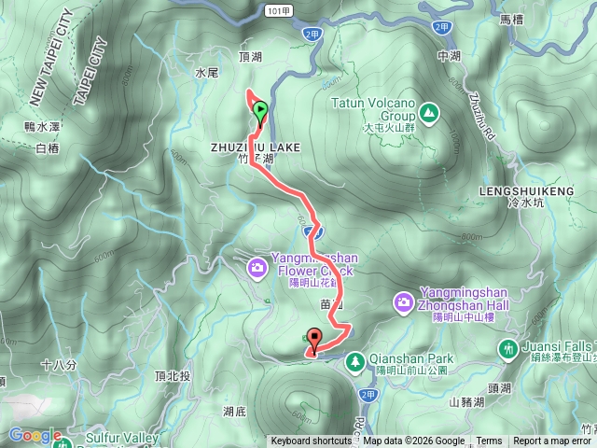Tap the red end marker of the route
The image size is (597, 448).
click(x=314, y=340)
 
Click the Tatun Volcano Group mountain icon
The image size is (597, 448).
click(x=428, y=113)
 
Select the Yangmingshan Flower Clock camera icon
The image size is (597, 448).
click(x=257, y=270)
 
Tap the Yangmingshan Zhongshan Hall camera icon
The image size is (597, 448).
click(x=404, y=301)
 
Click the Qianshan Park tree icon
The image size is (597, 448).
click(x=354, y=360)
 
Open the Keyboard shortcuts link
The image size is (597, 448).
click(x=312, y=441)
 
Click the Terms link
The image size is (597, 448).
click(x=489, y=441)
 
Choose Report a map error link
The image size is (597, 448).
click(x=553, y=441)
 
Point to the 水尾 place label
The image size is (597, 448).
click(x=206, y=70)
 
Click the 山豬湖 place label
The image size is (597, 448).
click(x=466, y=402)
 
